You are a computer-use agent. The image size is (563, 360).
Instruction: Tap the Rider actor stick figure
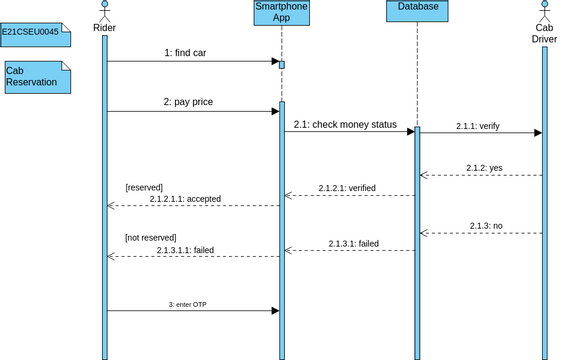pyautogui.click(x=104, y=11)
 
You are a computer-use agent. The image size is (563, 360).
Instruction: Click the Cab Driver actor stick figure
pyautogui.click(x=544, y=11)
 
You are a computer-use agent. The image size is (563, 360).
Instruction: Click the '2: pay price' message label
pyautogui.click(x=188, y=102)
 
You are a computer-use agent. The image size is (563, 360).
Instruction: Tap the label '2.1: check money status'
pyautogui.click(x=346, y=125)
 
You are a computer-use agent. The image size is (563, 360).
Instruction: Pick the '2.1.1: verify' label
pyautogui.click(x=477, y=126)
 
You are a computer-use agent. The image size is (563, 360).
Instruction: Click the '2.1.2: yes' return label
pyautogui.click(x=484, y=168)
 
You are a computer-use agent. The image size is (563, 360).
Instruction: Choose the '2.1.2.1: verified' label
pyautogui.click(x=347, y=188)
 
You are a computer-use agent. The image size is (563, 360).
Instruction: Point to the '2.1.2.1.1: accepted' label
pyautogui.click(x=185, y=199)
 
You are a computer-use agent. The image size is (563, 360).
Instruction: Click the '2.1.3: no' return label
pyautogui.click(x=485, y=226)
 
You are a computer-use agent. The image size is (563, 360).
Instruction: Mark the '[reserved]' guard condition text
pyautogui.click(x=143, y=187)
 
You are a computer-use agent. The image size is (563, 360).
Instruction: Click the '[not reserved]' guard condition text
pyautogui.click(x=150, y=237)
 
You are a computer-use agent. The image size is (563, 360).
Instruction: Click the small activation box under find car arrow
pyautogui.click(x=282, y=66)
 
